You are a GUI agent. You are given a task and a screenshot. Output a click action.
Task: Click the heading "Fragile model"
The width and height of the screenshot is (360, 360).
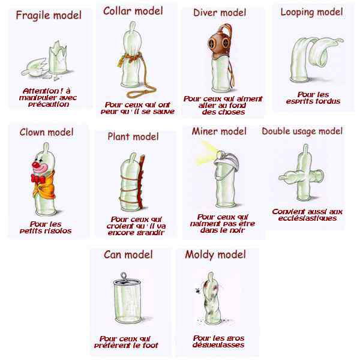[49, 16]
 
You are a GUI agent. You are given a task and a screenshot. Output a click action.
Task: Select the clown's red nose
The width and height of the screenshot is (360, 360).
[36, 164]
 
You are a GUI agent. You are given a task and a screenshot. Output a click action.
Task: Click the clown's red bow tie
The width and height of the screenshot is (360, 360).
[38, 179]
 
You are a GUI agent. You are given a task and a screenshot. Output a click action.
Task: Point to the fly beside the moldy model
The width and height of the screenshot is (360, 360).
[198, 290]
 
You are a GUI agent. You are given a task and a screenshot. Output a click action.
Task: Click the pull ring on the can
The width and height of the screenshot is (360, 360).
[124, 275]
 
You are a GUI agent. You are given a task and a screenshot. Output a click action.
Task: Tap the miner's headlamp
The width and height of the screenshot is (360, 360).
[219, 154]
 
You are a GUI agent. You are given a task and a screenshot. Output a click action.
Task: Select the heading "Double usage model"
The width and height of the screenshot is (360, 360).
[302, 131]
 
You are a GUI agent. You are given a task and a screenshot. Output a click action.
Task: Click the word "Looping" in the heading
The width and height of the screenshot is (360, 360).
[295, 13]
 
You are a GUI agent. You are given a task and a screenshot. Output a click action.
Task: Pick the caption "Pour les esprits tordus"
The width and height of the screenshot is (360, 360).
[313, 98]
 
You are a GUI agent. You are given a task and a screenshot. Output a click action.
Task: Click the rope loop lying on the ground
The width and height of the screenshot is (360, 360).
[140, 92]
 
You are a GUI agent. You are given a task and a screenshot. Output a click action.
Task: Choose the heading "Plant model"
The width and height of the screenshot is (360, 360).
[133, 137]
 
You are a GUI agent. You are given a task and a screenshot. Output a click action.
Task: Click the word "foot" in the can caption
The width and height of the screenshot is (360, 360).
[151, 346]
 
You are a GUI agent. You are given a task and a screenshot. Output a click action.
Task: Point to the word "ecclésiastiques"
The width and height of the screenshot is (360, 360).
[307, 218]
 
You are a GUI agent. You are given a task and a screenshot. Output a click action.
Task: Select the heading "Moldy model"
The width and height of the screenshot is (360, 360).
[215, 254]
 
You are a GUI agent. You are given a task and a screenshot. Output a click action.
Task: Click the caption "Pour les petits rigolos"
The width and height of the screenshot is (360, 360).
[46, 227]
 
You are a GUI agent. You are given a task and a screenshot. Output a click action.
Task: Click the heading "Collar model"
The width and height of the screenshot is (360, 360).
[133, 11]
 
